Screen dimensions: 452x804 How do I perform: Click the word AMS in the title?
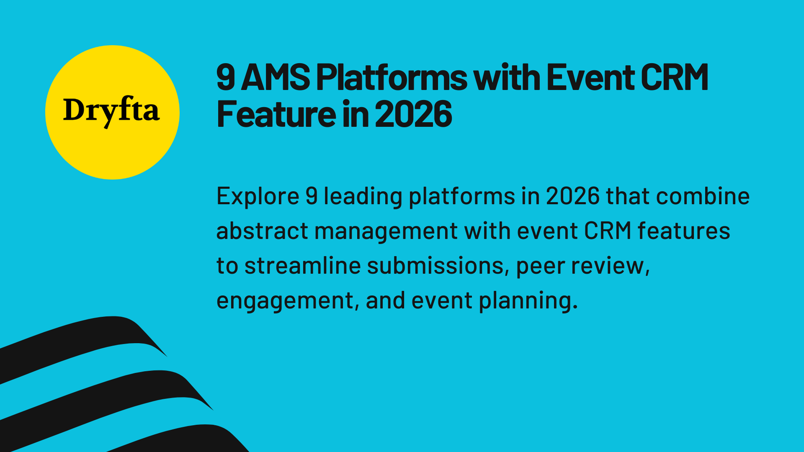275,77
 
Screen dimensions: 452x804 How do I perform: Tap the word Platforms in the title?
391,77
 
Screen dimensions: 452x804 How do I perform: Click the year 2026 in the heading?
413,114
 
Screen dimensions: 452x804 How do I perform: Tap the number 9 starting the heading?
226,77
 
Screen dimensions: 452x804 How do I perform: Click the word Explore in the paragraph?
258,196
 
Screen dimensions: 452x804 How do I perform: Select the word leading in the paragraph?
363,196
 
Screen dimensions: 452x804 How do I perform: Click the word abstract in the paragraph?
262,231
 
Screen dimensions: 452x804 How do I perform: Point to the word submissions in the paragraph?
435,266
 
